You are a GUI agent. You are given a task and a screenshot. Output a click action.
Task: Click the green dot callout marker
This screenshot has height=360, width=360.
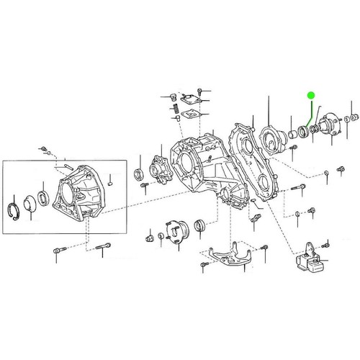[310, 94]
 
